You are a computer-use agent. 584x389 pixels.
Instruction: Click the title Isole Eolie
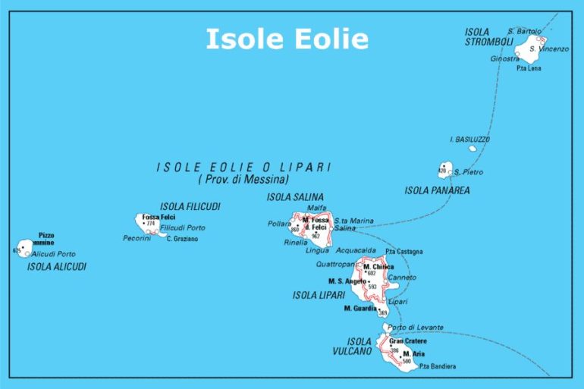point(287,39)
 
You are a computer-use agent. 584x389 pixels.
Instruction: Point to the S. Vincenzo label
point(548,49)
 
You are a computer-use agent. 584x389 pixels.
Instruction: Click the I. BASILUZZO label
point(469,140)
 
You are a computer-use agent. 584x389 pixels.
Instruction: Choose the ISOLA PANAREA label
point(437,190)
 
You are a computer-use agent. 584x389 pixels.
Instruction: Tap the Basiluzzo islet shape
point(473,149)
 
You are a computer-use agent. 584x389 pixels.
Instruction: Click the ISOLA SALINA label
point(295,197)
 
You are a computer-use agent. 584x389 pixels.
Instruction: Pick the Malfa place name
point(316,208)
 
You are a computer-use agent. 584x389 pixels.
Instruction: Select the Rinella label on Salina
point(296,243)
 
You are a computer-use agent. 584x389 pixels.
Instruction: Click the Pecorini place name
point(137,238)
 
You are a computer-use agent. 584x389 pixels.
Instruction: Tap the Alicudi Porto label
point(53,254)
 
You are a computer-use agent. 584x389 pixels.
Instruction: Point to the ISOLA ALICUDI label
point(57,267)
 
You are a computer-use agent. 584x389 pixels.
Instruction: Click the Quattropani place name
point(335,265)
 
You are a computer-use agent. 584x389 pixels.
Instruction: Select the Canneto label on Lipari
point(401,278)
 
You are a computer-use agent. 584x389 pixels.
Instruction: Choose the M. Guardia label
point(360,309)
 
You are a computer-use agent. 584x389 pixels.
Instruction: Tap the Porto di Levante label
point(415,328)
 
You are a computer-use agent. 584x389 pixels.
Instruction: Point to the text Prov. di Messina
point(243,180)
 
